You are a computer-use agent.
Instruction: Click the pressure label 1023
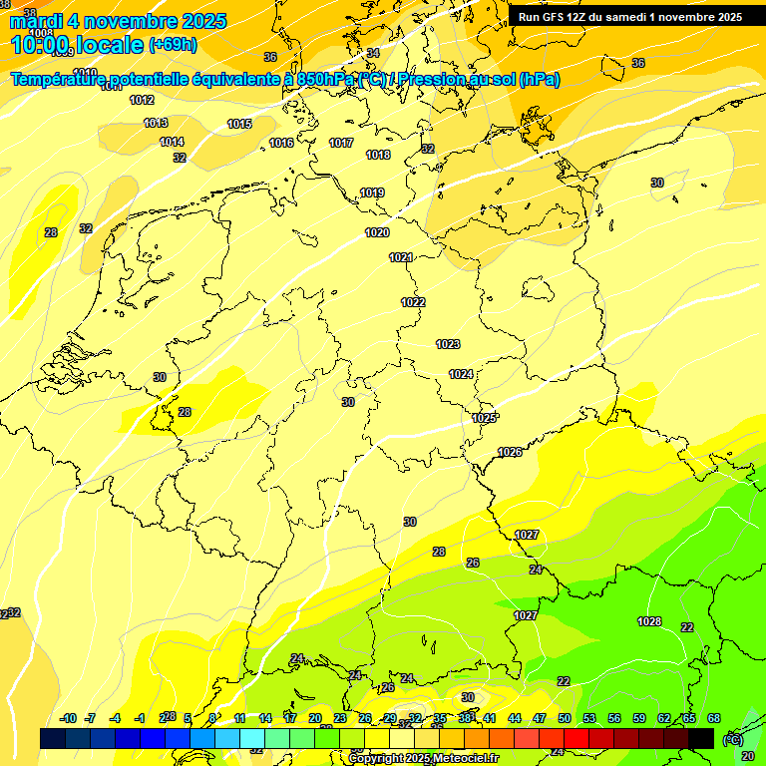click(x=448, y=344)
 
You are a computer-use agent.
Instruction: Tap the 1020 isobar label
click(x=377, y=232)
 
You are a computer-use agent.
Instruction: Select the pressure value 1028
click(x=649, y=621)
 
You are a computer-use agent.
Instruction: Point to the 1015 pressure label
click(x=239, y=124)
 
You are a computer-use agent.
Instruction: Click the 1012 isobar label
click(x=142, y=100)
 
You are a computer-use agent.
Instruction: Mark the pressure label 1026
click(x=510, y=452)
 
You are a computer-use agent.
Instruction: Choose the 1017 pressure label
click(x=341, y=143)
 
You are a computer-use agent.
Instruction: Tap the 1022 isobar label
click(x=413, y=302)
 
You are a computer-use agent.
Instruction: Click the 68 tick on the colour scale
click(x=714, y=718)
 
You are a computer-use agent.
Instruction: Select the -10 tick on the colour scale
click(x=68, y=718)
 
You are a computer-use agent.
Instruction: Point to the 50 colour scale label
click(x=565, y=718)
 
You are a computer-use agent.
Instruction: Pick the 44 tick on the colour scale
click(x=515, y=718)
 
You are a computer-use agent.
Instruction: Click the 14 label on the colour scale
click(x=265, y=718)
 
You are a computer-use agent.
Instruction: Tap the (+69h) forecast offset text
click(x=172, y=45)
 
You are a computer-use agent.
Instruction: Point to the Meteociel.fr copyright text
click(x=423, y=758)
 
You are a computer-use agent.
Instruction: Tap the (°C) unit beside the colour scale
click(x=733, y=739)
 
